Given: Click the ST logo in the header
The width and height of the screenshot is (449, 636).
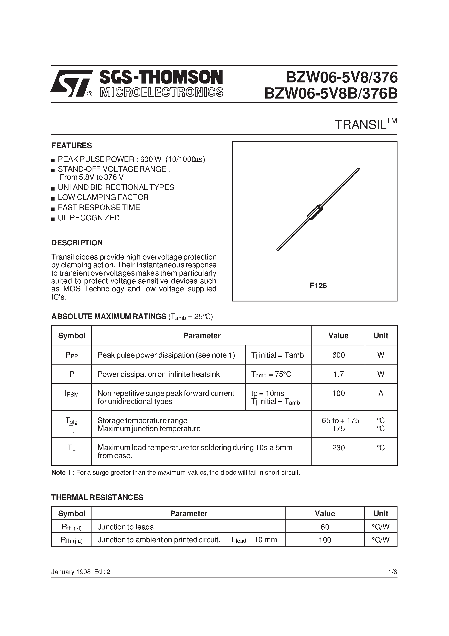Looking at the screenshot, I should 72,83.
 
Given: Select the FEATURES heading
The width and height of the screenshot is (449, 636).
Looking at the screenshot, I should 72,146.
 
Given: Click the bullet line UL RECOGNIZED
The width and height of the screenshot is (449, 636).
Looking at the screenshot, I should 89,218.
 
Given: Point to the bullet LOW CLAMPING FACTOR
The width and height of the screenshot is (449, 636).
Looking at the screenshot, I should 103,197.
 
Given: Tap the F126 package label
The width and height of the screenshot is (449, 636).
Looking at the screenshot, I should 318,286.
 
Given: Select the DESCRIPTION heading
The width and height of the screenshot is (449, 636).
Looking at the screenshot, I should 77,243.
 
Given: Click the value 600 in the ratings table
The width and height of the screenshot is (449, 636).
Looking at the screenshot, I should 338,355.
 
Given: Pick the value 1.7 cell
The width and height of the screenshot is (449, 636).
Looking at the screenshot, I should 338,374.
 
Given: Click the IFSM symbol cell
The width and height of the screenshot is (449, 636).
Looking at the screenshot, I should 72,394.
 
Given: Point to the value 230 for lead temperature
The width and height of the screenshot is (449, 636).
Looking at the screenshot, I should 338,448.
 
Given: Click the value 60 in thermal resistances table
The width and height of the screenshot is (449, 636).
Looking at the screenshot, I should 325,527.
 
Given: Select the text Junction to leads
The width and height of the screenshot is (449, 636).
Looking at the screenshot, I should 125,527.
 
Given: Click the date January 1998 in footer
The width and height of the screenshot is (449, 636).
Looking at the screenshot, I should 71,572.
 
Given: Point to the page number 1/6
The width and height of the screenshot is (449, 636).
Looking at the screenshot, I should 392,572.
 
